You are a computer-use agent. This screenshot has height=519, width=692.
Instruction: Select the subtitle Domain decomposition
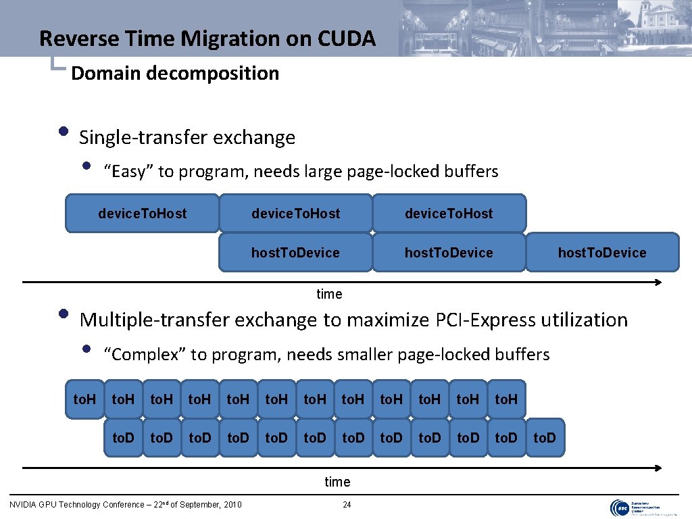pos(174,73)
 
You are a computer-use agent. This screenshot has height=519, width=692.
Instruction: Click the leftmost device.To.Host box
pos(142,214)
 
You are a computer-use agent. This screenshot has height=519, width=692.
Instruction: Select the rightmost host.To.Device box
pos(601,253)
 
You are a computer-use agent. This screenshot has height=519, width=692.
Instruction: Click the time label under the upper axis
pos(330,294)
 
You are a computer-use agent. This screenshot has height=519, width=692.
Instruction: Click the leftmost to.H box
pos(84,399)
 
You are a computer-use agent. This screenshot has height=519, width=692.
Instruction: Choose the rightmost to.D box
pos(544,438)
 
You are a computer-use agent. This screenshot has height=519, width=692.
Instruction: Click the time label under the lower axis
pos(337,482)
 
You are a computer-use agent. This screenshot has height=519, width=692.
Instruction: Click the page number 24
pos(347,504)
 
